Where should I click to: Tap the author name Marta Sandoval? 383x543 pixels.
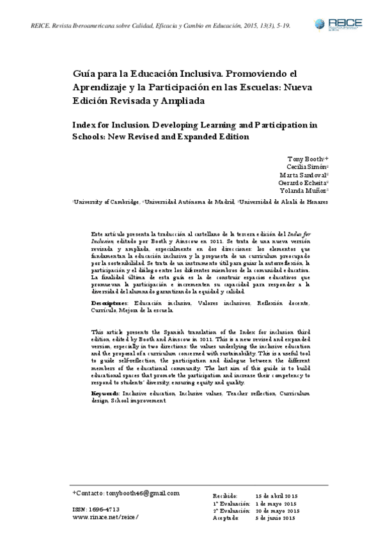pos(302,174)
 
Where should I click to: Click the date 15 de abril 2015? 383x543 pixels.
pos(276,496)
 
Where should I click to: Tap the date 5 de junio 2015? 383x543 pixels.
pos(276,517)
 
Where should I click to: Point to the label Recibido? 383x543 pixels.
pos(224,496)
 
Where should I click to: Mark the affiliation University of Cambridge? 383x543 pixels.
pos(107,201)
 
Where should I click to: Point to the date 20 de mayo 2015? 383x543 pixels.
pos(276,510)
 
